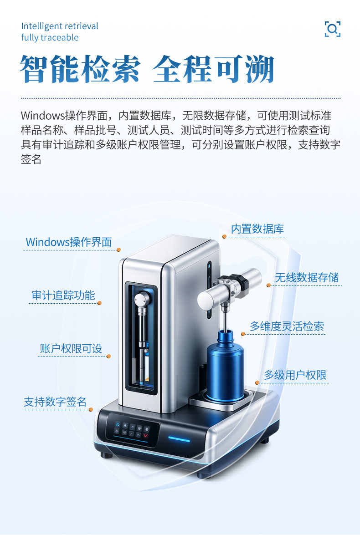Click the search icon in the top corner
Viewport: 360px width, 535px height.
coord(332,29)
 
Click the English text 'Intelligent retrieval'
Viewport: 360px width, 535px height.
coord(59,26)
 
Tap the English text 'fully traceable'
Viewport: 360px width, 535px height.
coord(50,37)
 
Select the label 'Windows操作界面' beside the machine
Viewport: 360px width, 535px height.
coord(69,242)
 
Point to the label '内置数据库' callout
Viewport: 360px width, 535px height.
coord(257,229)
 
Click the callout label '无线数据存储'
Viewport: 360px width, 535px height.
coord(307,277)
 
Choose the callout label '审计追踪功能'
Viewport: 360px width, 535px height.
coord(63,295)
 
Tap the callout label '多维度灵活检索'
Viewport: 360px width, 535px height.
coord(287,326)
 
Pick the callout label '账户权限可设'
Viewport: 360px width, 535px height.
coord(71,348)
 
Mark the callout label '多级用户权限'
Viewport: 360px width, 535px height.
coord(295,375)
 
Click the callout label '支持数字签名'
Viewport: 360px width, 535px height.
coord(55,402)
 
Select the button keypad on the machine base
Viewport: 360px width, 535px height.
coord(132,429)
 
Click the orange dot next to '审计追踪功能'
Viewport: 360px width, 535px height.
coord(99,303)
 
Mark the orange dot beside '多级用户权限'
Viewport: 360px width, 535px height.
coord(257,383)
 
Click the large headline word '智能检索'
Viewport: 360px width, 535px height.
coord(80,69)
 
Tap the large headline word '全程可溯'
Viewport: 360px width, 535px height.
coord(213,69)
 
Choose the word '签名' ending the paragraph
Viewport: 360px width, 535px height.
coord(31,159)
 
